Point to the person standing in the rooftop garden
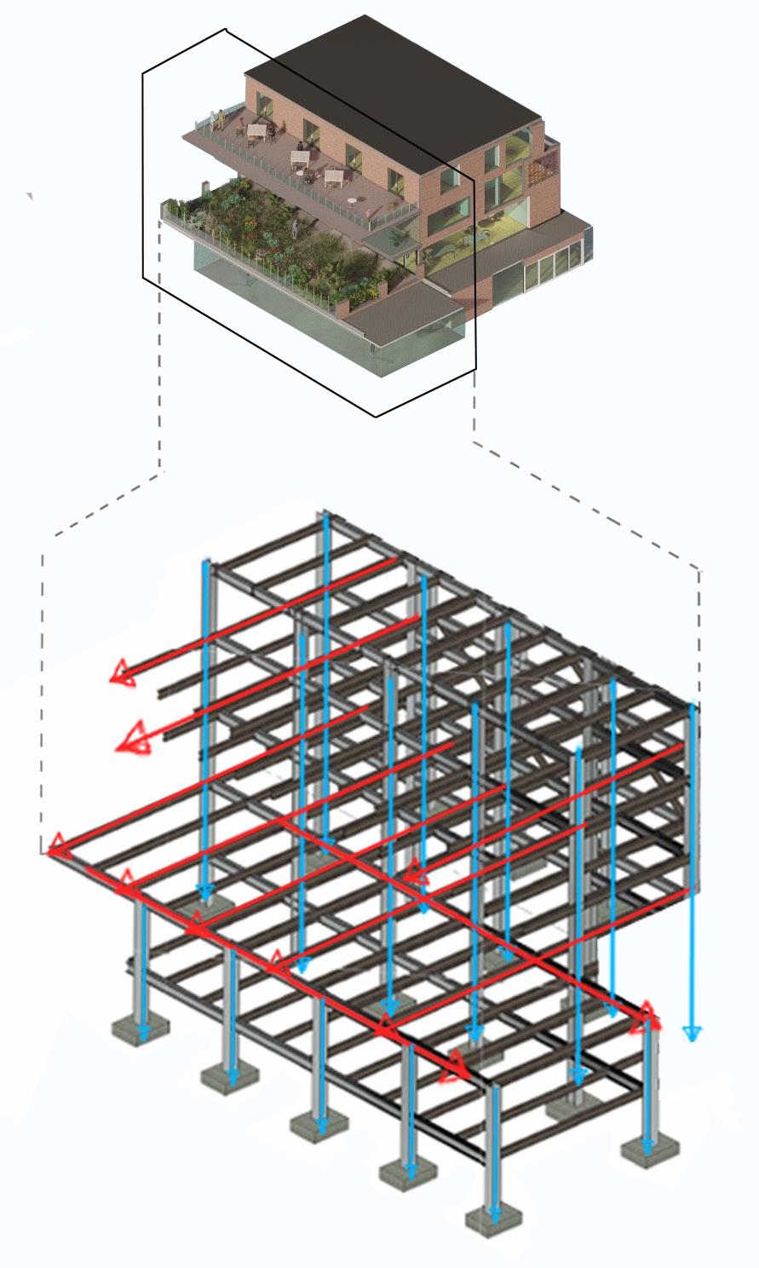[295, 228]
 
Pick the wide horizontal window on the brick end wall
[443, 220]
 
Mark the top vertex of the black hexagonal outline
[226, 30]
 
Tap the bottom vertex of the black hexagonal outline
[376, 417]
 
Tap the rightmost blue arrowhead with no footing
[693, 1033]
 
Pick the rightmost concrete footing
[650, 1152]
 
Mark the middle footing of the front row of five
[319, 1125]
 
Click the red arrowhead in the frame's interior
[415, 871]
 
